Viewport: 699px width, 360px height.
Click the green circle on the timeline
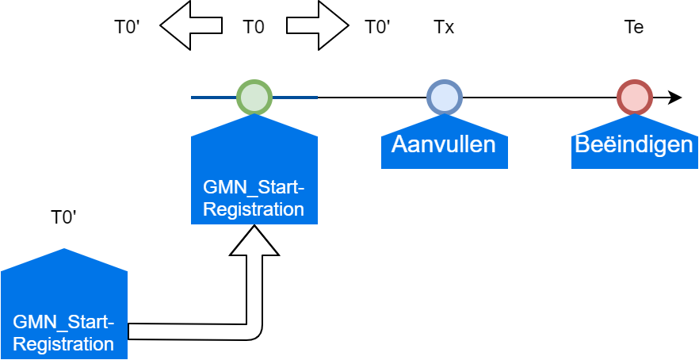coord(254,97)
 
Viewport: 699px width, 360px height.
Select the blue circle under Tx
coord(444,97)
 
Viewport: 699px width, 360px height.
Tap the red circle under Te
coord(634,97)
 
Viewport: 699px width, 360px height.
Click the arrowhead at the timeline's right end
coord(675,98)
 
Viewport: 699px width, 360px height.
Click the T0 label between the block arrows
coord(254,27)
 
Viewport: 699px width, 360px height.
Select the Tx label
coord(444,27)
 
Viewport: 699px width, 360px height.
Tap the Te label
coord(634,27)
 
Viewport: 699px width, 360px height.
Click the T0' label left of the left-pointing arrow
coord(127,27)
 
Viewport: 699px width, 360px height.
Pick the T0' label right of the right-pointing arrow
coord(377,27)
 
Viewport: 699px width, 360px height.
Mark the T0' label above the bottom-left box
coord(63,217)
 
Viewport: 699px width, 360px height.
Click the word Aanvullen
coord(444,144)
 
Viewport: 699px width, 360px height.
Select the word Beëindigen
coord(634,144)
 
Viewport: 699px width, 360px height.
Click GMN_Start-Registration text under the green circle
coord(254,198)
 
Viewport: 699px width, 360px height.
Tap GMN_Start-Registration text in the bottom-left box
coord(63,333)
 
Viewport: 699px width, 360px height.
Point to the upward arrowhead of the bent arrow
coord(254,241)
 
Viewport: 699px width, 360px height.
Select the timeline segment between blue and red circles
coord(539,98)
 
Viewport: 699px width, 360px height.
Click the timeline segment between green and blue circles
coord(372,98)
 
